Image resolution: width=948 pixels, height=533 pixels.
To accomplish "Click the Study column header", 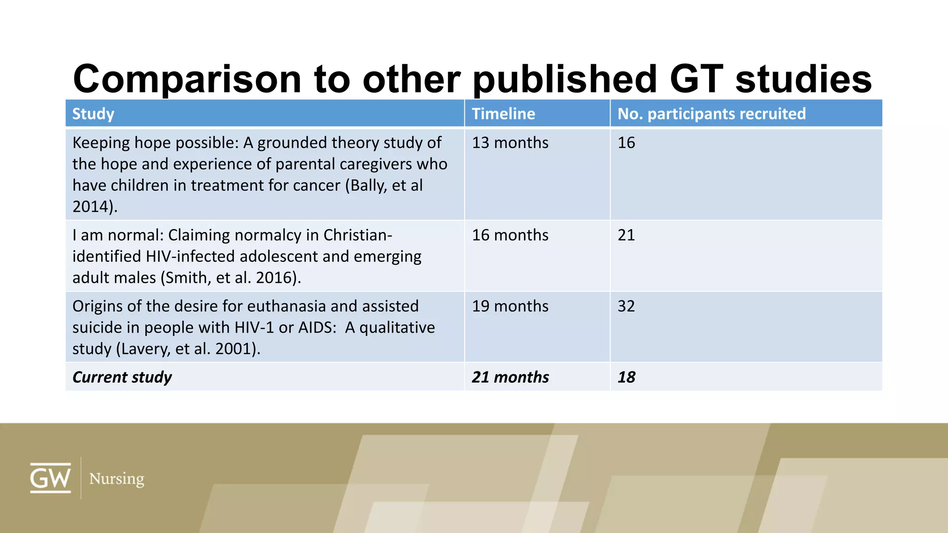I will (93, 114).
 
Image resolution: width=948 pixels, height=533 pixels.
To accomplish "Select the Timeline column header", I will (503, 114).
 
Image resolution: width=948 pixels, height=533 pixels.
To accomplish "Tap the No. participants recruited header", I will (711, 114).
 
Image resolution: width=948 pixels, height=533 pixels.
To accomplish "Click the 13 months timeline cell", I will (510, 143).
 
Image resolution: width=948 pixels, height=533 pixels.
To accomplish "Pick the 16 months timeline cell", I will (510, 235).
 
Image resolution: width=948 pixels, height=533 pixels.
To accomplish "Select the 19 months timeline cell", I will (510, 306).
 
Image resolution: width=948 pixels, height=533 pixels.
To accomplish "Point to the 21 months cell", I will (510, 377).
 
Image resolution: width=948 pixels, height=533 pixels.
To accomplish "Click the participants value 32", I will (626, 306).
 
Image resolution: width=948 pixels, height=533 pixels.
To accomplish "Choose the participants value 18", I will (626, 377).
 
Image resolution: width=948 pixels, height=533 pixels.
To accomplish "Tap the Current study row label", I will (122, 377).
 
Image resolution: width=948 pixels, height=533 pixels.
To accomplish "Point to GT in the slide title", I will (696, 79).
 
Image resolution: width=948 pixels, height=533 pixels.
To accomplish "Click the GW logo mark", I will (50, 478).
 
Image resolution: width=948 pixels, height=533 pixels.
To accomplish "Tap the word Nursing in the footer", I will (117, 479).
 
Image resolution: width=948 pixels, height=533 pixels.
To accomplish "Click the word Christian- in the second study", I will (357, 235).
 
